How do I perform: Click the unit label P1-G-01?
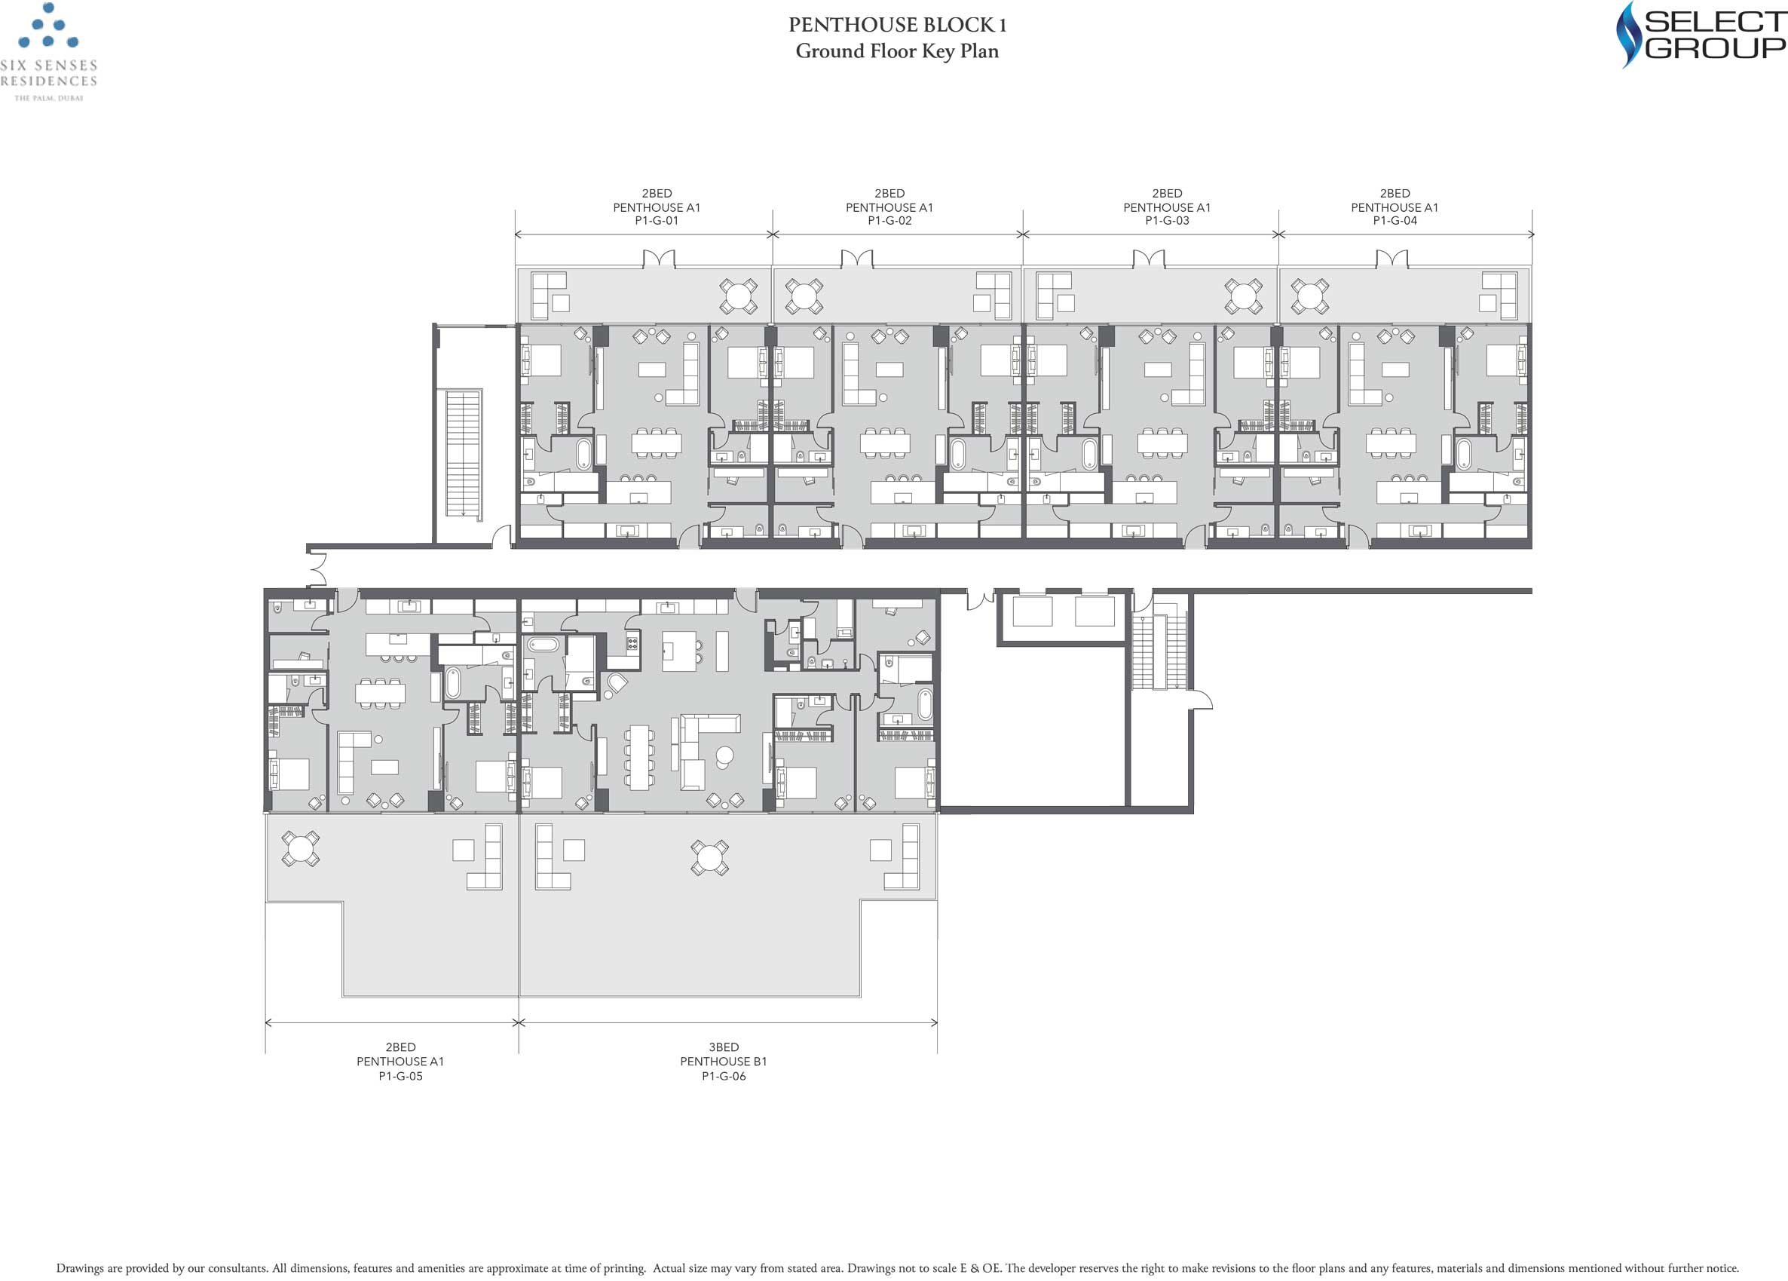pyautogui.click(x=657, y=221)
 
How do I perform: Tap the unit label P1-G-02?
pyautogui.click(x=889, y=221)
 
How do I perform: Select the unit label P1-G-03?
pyautogui.click(x=1167, y=221)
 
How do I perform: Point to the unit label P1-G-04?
pyautogui.click(x=1395, y=221)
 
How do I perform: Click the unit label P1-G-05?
pyautogui.click(x=400, y=1076)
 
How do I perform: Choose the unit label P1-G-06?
pyautogui.click(x=724, y=1076)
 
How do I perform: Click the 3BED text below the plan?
pyautogui.click(x=724, y=1047)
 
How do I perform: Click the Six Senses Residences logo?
pyautogui.click(x=49, y=52)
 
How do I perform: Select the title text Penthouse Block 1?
pyautogui.click(x=897, y=25)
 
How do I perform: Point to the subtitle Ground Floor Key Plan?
pyautogui.click(x=897, y=51)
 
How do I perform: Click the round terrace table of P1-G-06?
pyautogui.click(x=709, y=858)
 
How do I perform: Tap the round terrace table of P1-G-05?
pyautogui.click(x=300, y=849)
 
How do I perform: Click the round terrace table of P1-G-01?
pyautogui.click(x=739, y=296)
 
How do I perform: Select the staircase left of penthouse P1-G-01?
pyautogui.click(x=463, y=453)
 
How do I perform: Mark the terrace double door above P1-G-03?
pyautogui.click(x=1149, y=259)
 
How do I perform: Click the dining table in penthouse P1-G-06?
pyautogui.click(x=639, y=758)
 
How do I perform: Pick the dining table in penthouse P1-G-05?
pyautogui.click(x=380, y=692)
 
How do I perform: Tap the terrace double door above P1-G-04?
pyautogui.click(x=1392, y=259)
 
